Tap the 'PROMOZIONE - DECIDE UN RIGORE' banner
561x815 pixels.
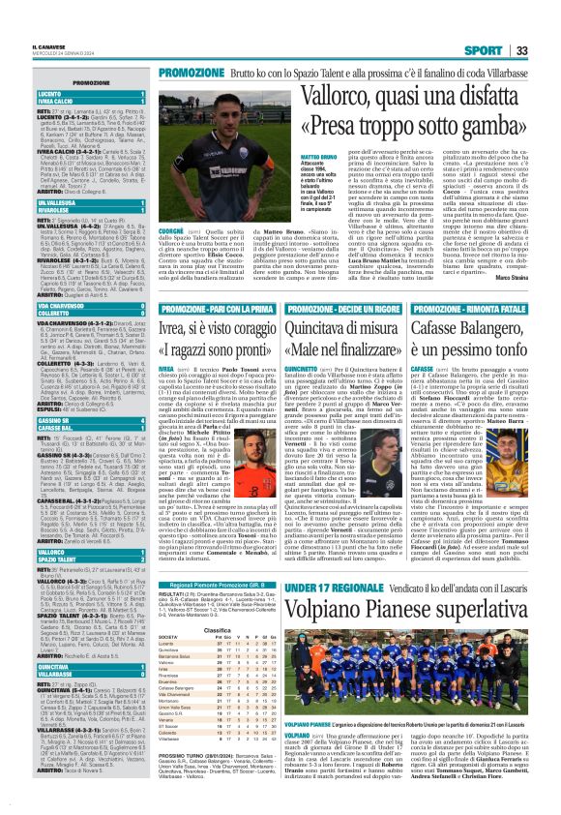350,308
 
